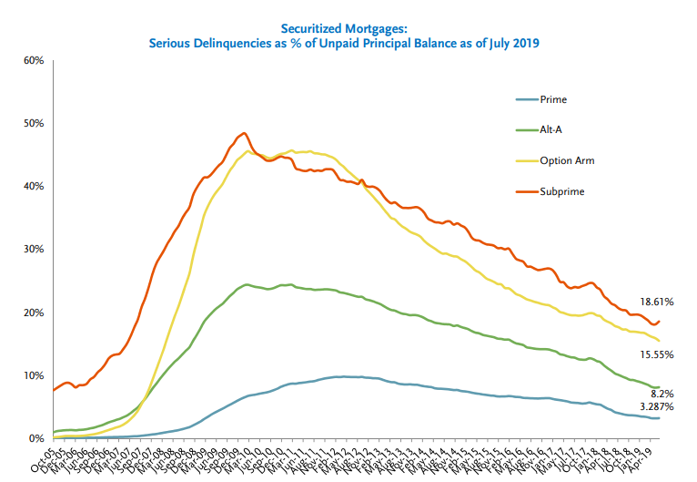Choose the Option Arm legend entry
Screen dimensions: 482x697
[566, 161]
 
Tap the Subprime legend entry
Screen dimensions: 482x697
[561, 191]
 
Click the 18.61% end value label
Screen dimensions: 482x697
[655, 301]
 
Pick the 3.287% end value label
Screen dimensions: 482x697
[656, 406]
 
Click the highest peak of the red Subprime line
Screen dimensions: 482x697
[243, 133]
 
